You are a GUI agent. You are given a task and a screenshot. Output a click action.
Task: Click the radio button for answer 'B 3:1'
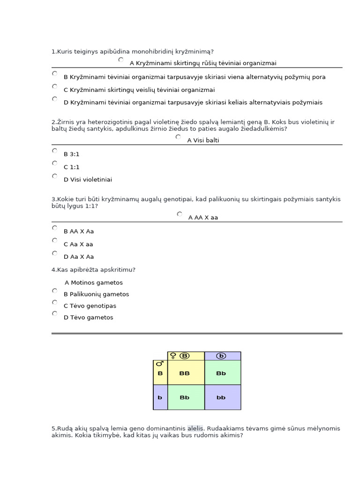(x=55, y=151)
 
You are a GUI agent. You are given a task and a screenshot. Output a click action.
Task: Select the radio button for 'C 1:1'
(x=55, y=163)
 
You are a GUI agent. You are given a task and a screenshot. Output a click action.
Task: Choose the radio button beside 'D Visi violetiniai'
(x=55, y=176)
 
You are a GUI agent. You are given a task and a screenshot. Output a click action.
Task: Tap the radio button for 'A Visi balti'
(x=178, y=137)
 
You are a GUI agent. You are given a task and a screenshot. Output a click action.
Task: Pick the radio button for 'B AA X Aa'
(x=55, y=228)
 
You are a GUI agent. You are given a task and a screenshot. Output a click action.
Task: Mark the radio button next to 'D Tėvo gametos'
(x=55, y=314)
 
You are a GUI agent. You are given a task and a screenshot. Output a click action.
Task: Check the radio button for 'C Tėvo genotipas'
(x=55, y=302)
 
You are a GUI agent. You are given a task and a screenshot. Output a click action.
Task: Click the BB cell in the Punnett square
(x=185, y=373)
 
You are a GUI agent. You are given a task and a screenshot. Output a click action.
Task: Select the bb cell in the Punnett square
(x=221, y=397)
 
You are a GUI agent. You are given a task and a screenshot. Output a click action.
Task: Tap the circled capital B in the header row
(x=185, y=356)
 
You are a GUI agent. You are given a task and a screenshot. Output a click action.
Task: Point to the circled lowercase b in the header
(x=221, y=356)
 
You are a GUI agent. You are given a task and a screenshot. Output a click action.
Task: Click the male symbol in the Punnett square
(x=160, y=364)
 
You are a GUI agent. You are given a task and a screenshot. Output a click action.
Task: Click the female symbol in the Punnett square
(x=173, y=356)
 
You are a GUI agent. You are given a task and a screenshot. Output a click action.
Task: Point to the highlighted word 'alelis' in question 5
(x=195, y=428)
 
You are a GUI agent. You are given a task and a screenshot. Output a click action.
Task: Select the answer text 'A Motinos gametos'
(x=94, y=283)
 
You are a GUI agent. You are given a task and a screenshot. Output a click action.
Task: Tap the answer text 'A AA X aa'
(x=203, y=217)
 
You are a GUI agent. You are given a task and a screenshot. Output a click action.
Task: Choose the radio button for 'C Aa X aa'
(x=55, y=240)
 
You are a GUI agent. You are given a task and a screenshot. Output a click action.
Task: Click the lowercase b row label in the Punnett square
(x=160, y=397)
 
